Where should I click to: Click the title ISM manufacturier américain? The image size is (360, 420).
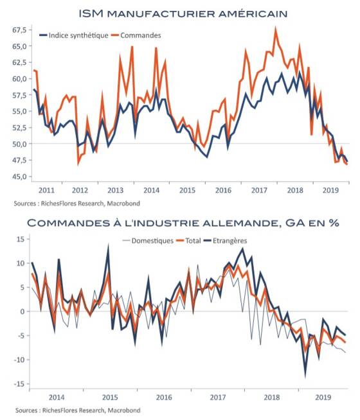click(x=183, y=13)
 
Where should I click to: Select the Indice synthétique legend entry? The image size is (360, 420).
click(x=74, y=35)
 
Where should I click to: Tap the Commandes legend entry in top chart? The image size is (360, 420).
click(x=136, y=35)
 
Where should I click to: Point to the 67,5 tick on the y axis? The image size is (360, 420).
click(x=19, y=30)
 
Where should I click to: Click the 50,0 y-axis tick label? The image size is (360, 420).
click(x=19, y=144)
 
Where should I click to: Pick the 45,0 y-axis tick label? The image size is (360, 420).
click(x=19, y=177)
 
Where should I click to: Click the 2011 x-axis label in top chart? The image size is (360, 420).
click(x=46, y=190)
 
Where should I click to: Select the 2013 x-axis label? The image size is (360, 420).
click(x=115, y=190)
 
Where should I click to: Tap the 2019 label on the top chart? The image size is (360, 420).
click(x=330, y=190)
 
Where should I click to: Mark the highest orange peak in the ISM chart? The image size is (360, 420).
click(x=275, y=28)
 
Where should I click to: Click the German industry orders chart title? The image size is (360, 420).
click(x=183, y=223)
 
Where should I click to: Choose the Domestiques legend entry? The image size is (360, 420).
click(x=148, y=241)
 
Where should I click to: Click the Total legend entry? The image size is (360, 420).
click(x=189, y=241)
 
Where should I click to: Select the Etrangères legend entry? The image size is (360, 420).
click(x=226, y=241)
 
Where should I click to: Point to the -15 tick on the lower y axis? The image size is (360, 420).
click(x=19, y=384)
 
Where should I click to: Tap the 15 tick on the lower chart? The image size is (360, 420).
click(x=21, y=239)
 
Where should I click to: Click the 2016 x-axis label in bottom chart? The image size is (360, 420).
click(x=164, y=397)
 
